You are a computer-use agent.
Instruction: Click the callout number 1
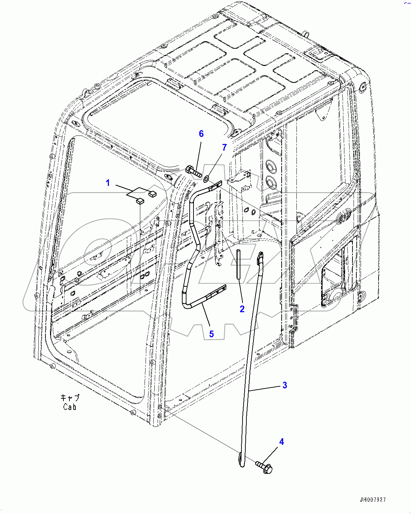[x=108, y=183]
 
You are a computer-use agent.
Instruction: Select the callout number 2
[x=242, y=309]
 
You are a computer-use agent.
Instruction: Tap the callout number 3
[x=285, y=385]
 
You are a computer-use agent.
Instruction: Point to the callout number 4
[x=281, y=442]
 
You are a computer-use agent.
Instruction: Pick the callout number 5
[x=211, y=334]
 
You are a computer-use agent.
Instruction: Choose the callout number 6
[x=201, y=134]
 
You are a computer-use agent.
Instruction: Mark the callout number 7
[x=224, y=147]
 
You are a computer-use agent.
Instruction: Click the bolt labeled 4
[x=265, y=467]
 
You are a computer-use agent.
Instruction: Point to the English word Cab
[x=70, y=407]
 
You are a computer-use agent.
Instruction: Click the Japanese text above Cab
[x=70, y=398]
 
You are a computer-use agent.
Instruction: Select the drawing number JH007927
[x=373, y=500]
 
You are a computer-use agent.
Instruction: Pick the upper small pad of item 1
[x=153, y=193]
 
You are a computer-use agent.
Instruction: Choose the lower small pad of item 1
[x=140, y=201]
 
